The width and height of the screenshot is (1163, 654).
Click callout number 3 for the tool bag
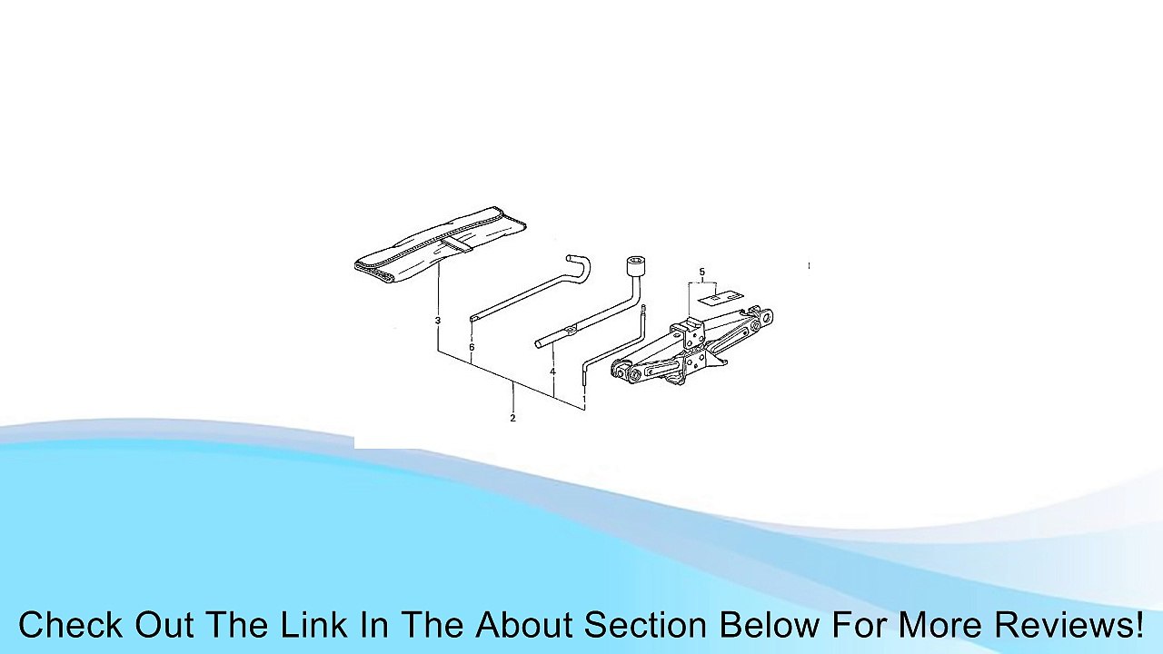coord(438,321)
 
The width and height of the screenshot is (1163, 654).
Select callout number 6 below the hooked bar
coord(472,347)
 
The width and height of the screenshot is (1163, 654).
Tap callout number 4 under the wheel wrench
coord(553,372)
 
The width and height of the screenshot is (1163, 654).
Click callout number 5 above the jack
coord(702,272)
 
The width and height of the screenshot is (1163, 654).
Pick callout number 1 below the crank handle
coord(584,399)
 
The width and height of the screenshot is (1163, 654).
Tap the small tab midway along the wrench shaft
coord(572,329)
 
